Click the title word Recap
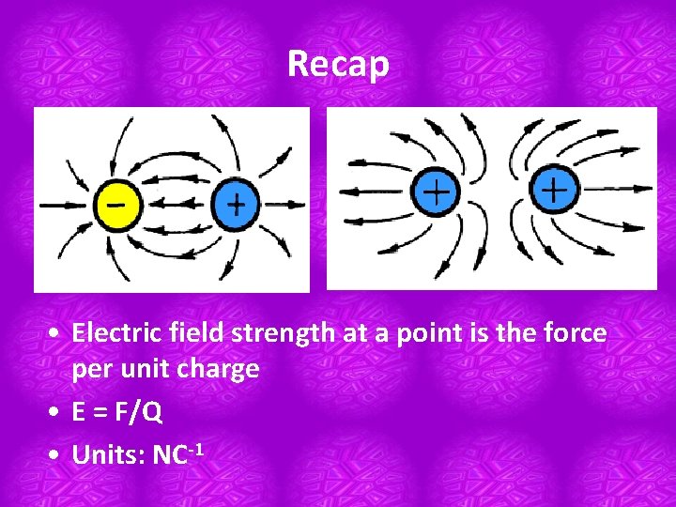click(338, 64)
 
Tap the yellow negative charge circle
click(118, 203)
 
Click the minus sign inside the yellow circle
click(118, 201)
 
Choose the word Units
click(106, 455)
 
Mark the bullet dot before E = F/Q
click(58, 413)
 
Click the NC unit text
click(172, 455)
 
